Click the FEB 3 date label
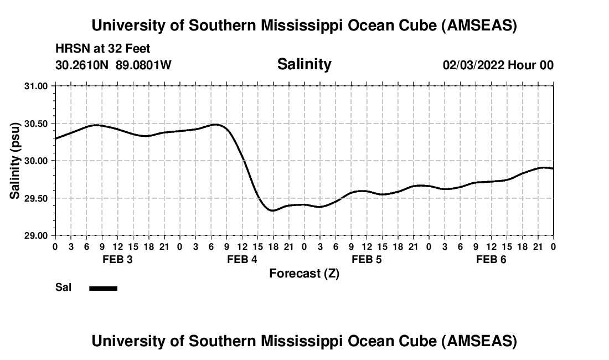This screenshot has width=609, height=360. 117,260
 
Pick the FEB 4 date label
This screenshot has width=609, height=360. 242,260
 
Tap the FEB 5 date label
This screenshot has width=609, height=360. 367,260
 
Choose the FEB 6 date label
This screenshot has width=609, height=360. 491,260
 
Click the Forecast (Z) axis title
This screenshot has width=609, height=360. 304,274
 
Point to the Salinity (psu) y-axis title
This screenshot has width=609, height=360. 15,161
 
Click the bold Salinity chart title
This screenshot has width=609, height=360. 304,64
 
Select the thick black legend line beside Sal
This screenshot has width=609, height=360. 103,288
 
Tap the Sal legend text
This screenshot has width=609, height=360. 64,287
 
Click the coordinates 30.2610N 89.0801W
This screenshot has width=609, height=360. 113,65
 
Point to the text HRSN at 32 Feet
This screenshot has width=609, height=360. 103,49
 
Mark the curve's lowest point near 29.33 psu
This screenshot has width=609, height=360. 272,210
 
